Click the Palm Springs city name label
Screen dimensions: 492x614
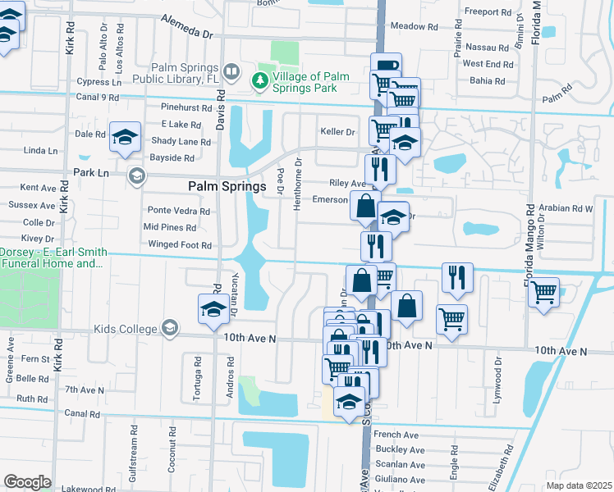(227, 186)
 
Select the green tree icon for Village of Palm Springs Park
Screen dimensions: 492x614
(259, 80)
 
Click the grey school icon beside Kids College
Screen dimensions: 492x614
(170, 328)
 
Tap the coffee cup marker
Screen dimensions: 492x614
(385, 66)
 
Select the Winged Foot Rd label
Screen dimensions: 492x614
(179, 244)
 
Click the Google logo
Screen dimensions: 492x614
(27, 481)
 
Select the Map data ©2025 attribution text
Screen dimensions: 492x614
(580, 485)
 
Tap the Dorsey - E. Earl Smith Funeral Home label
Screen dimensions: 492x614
(51, 257)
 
